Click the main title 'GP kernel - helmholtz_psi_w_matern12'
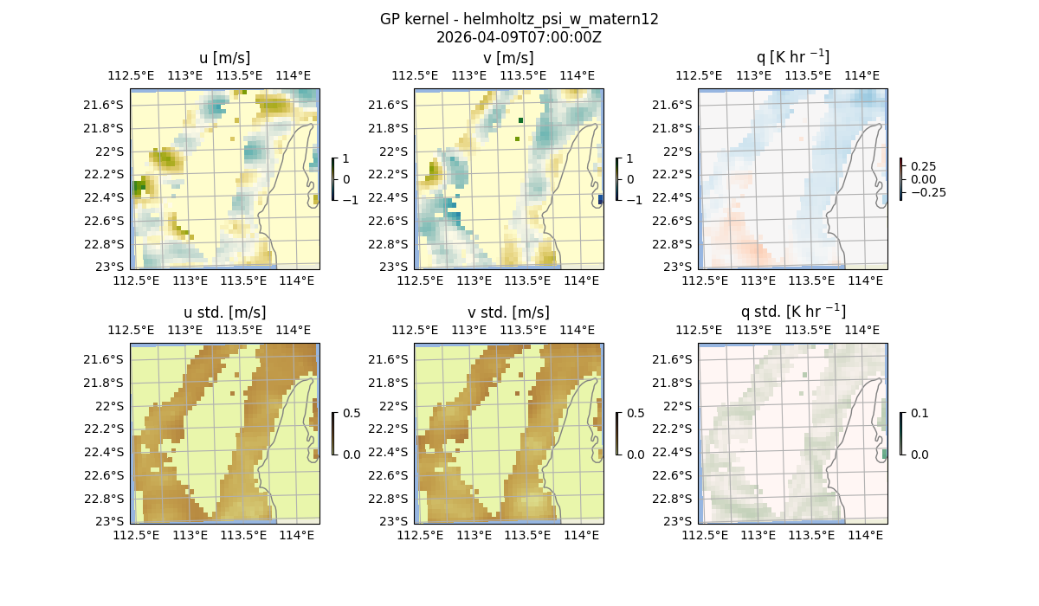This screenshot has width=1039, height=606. click(x=519, y=19)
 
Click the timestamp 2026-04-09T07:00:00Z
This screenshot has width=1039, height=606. click(x=519, y=37)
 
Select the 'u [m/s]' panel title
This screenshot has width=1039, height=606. click(x=224, y=58)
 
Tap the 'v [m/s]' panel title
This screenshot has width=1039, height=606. click(x=508, y=58)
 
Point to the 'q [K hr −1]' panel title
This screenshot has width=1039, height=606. click(x=792, y=58)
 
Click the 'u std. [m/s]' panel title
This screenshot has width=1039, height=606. click(x=224, y=313)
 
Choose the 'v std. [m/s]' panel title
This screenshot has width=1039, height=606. click(x=508, y=313)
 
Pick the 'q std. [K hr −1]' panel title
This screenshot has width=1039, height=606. click(x=792, y=312)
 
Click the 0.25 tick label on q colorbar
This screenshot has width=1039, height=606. click(x=924, y=166)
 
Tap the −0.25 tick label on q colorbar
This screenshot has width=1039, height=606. click(x=927, y=192)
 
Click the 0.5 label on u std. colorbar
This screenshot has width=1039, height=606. click(x=351, y=413)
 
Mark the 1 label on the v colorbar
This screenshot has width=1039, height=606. click(x=629, y=158)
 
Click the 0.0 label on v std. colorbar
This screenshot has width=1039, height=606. click(x=635, y=455)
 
